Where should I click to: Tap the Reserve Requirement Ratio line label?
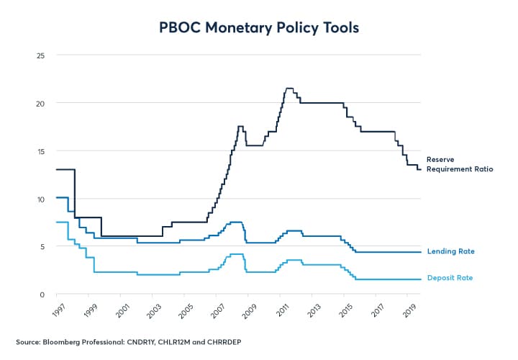coord(459,163)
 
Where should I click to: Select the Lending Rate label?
coord(451,251)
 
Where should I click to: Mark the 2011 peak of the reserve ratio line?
coord(289,89)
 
